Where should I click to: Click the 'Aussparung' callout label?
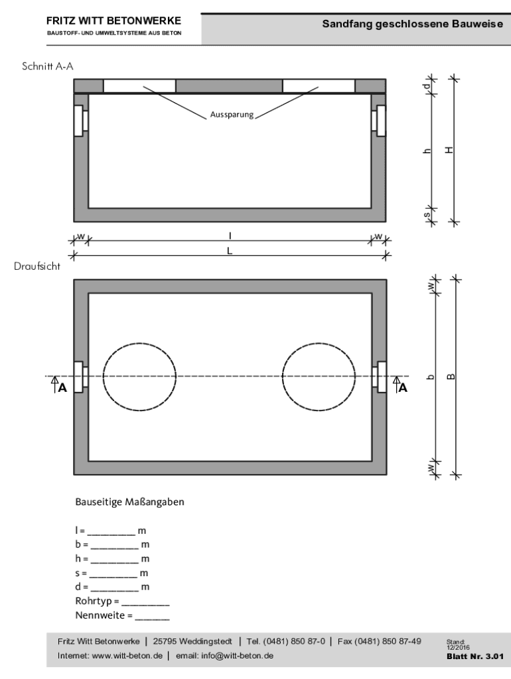pos(232,114)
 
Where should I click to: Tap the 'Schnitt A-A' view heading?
pos(48,66)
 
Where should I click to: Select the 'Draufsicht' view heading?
pos(37,266)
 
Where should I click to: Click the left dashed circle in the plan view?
pos(139,376)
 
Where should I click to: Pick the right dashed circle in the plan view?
pos(319,376)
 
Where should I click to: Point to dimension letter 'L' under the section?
pos(230,251)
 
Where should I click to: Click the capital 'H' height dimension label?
pos(449,150)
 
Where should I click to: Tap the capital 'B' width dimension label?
pos(451,377)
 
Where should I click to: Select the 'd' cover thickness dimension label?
pos(427,86)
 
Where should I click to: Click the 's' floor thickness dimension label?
pos(427,214)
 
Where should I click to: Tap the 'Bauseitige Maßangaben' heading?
pos(129,502)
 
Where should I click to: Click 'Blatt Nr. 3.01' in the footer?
pos(475,656)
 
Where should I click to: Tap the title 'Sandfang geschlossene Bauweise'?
pos(413,25)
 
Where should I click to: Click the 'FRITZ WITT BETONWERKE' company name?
pos(114,21)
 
